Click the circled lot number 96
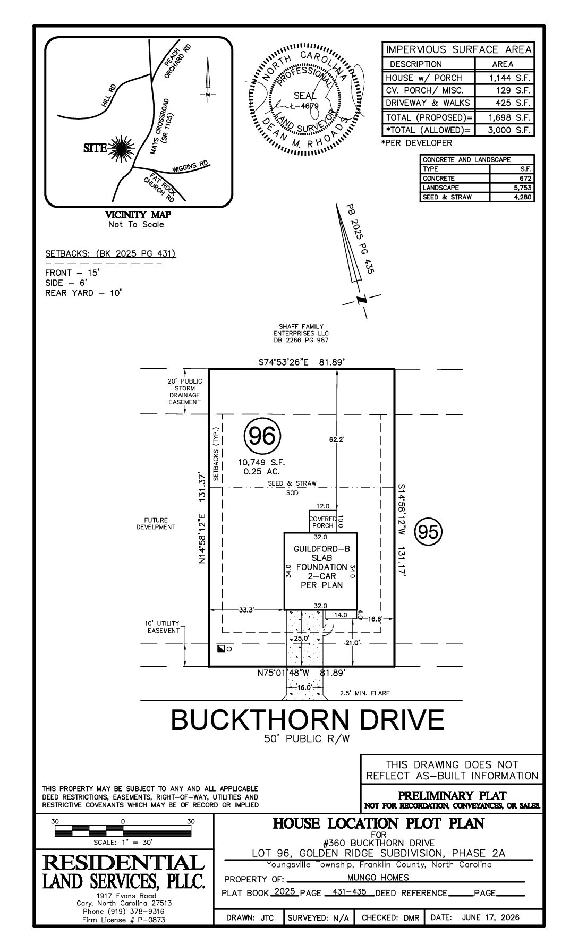(x=262, y=437)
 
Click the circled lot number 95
(x=428, y=532)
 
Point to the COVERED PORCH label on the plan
(x=323, y=522)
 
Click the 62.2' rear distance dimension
(x=337, y=440)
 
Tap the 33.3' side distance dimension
(x=246, y=610)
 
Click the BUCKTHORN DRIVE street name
(x=307, y=720)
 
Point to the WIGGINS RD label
(x=190, y=167)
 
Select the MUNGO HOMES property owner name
(x=378, y=878)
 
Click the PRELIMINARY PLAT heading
(x=452, y=795)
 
